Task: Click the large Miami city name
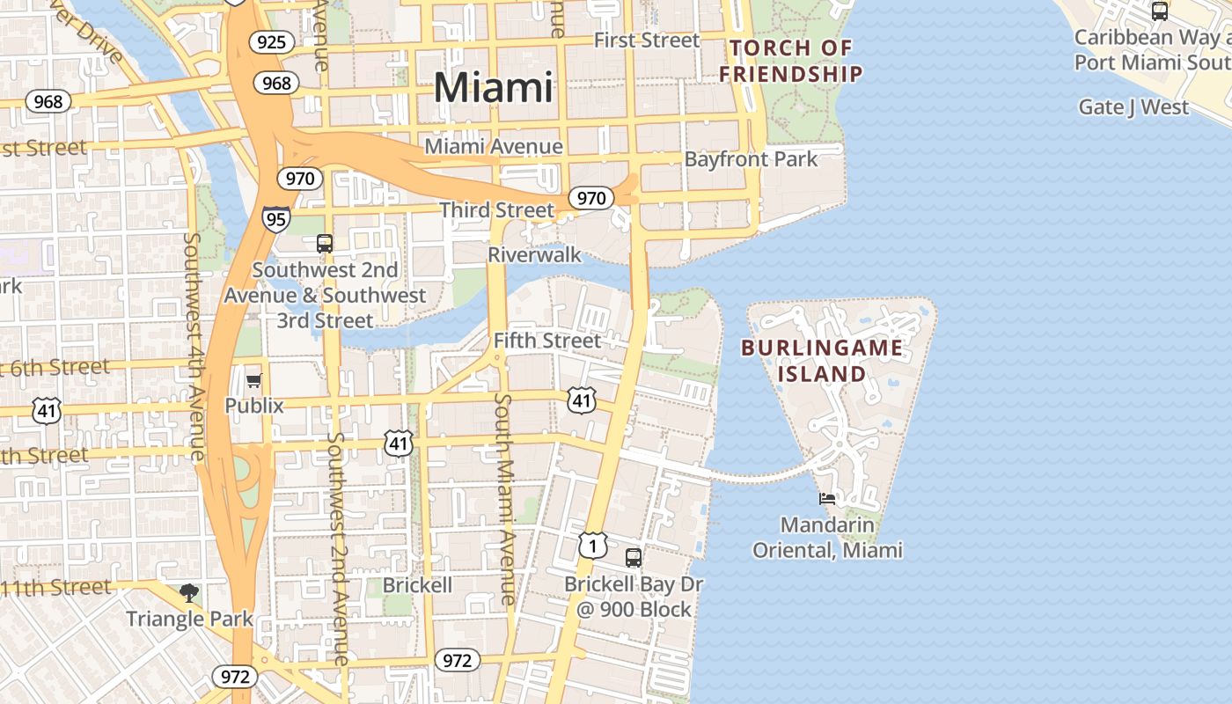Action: [x=494, y=87]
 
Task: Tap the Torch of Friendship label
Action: [x=790, y=62]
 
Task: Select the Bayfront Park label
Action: [x=751, y=159]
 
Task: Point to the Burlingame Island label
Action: [x=822, y=360]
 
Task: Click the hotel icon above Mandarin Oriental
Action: [x=827, y=499]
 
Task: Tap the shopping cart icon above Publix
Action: [x=254, y=380]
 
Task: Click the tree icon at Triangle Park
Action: [x=189, y=593]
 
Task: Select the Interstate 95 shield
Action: [x=275, y=218]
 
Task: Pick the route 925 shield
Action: [x=271, y=41]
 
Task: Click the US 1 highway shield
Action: [x=592, y=546]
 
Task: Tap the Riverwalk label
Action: [x=534, y=255]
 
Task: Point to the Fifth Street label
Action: [x=547, y=341]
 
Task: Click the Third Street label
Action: [x=497, y=210]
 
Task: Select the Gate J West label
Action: [x=1133, y=107]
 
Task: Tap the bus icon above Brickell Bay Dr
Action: [x=634, y=557]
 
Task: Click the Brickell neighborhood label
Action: [x=417, y=585]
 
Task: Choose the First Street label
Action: [x=647, y=40]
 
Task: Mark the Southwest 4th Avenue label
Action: [x=194, y=346]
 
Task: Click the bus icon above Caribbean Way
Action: [x=1160, y=11]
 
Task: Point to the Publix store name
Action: [x=254, y=406]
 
